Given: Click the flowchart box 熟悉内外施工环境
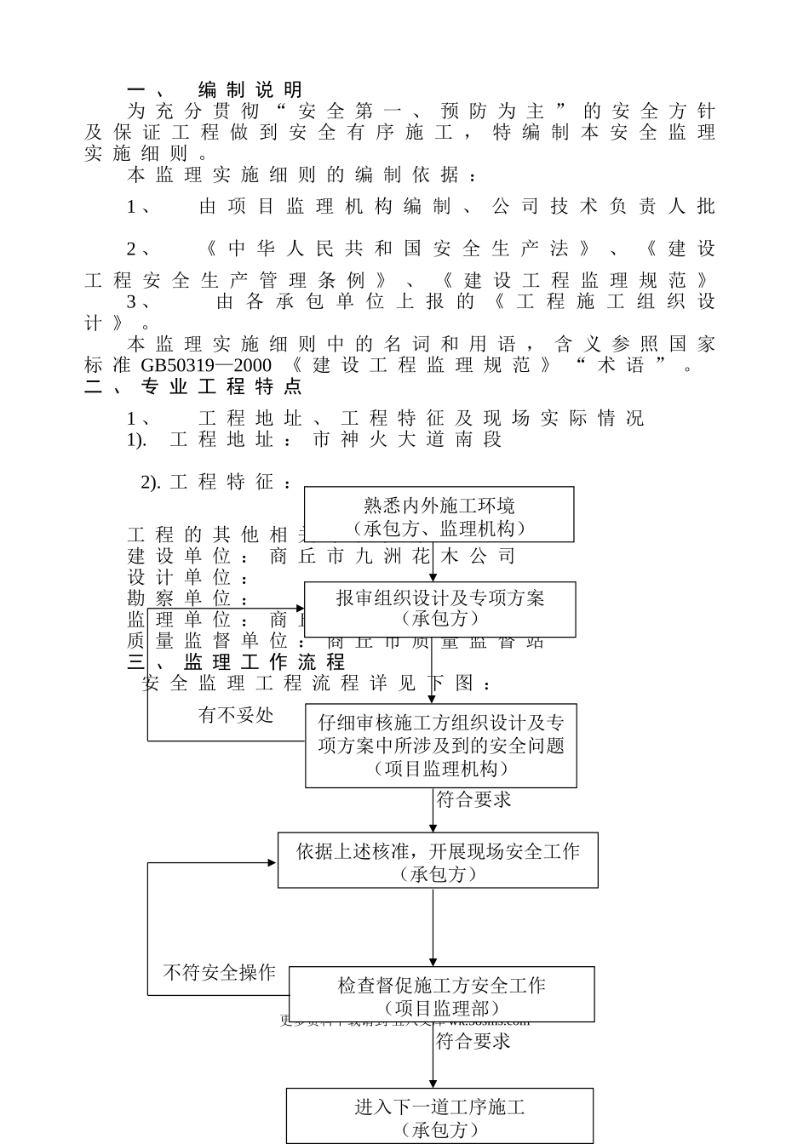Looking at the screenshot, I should pyautogui.click(x=439, y=515).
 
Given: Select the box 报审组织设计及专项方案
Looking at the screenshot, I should pyautogui.click(x=439, y=609).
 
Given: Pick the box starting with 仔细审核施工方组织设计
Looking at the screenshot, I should pyautogui.click(x=440, y=745).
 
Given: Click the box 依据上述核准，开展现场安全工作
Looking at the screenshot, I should pyautogui.click(x=438, y=860).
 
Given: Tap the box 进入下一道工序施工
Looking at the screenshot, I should pyautogui.click(x=439, y=1116).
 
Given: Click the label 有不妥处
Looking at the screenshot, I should pyautogui.click(x=236, y=715).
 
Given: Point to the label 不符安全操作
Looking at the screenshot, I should pyautogui.click(x=220, y=972).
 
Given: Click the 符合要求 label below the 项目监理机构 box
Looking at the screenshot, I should pyautogui.click(x=473, y=800).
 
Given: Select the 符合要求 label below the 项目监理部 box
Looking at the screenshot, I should pyautogui.click(x=473, y=1041).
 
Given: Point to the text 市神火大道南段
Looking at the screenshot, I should pyautogui.click(x=408, y=439).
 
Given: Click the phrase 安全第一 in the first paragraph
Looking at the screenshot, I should pyautogui.click(x=336, y=112).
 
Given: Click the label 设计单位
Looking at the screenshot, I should pyautogui.click(x=180, y=578).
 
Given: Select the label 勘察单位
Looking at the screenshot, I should pyautogui.click(x=180, y=599).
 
